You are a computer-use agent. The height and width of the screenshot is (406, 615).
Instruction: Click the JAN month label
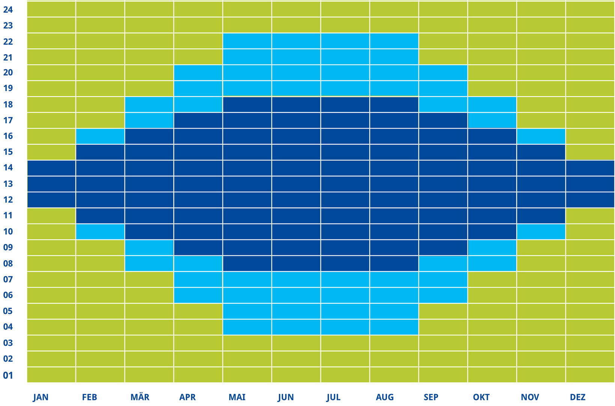click(41, 397)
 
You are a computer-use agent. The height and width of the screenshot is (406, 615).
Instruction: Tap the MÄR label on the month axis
click(140, 397)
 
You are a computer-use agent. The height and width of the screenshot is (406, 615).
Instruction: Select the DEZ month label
click(577, 397)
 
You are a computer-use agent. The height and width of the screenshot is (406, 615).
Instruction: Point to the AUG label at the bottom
click(385, 397)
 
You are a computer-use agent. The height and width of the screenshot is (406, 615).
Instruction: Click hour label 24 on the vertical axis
click(8, 9)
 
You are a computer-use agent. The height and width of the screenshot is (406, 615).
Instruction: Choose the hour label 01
click(8, 375)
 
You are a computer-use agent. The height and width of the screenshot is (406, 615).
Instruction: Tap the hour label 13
click(8, 184)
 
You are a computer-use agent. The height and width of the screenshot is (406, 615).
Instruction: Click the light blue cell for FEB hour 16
click(100, 136)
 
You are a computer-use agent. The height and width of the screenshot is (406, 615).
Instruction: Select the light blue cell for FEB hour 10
click(100, 232)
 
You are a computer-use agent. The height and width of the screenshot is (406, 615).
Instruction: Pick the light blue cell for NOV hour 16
click(541, 136)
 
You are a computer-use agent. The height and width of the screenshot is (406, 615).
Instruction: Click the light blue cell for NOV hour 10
click(541, 232)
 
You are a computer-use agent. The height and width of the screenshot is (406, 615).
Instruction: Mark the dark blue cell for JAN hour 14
click(51, 168)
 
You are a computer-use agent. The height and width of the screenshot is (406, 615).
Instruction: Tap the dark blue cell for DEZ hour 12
click(590, 200)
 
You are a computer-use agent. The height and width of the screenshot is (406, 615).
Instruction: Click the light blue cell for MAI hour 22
click(247, 41)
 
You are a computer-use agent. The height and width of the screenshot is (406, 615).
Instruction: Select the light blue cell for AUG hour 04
click(394, 327)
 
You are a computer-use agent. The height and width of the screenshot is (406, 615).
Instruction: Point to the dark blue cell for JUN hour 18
click(296, 105)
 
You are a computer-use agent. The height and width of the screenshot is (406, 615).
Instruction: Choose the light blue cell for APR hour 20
click(198, 73)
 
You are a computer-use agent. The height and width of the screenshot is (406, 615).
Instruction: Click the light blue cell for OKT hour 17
click(492, 120)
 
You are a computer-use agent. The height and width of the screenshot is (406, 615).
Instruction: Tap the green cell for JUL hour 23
click(345, 25)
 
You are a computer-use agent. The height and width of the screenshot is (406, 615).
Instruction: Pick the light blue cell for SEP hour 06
click(443, 295)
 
